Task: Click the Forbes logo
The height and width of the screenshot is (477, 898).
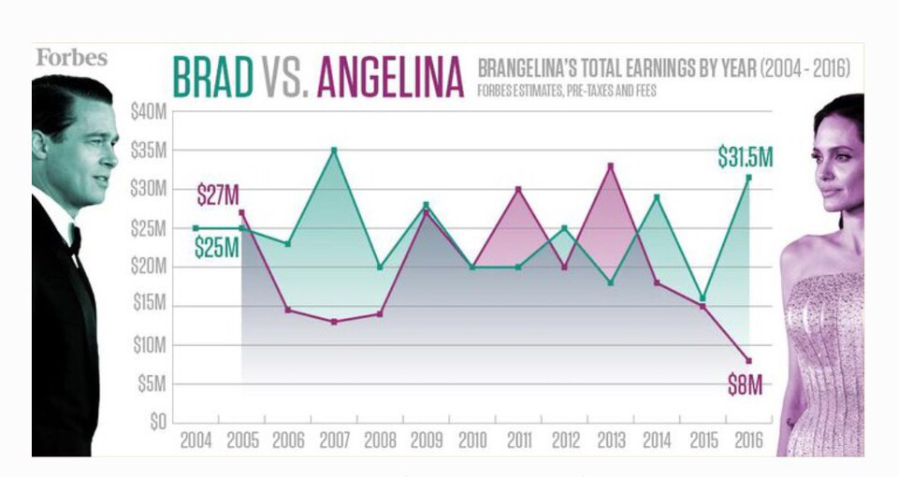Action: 72,57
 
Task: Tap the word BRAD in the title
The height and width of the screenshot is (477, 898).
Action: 213,77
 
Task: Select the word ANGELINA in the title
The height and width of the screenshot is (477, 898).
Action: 390,77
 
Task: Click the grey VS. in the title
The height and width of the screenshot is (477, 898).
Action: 285,77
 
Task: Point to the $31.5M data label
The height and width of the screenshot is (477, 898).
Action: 746,157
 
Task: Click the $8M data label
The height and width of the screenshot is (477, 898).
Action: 746,385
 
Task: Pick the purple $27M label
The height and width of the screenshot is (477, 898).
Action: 218,195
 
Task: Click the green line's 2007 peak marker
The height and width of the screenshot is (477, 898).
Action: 334,150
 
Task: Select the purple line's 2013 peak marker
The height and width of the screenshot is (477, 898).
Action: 611,166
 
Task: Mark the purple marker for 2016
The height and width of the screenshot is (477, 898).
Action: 748,361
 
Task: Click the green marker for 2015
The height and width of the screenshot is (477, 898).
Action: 702,298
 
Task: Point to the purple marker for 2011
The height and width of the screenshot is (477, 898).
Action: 518,189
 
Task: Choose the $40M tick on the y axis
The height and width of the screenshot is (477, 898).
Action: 149,111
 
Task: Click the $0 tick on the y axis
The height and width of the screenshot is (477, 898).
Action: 157,422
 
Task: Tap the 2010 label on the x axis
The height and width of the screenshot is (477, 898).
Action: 472,441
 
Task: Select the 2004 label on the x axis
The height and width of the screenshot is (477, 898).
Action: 196,441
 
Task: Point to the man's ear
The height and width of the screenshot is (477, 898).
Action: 39,145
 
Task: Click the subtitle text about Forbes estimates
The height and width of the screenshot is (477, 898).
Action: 567,91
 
